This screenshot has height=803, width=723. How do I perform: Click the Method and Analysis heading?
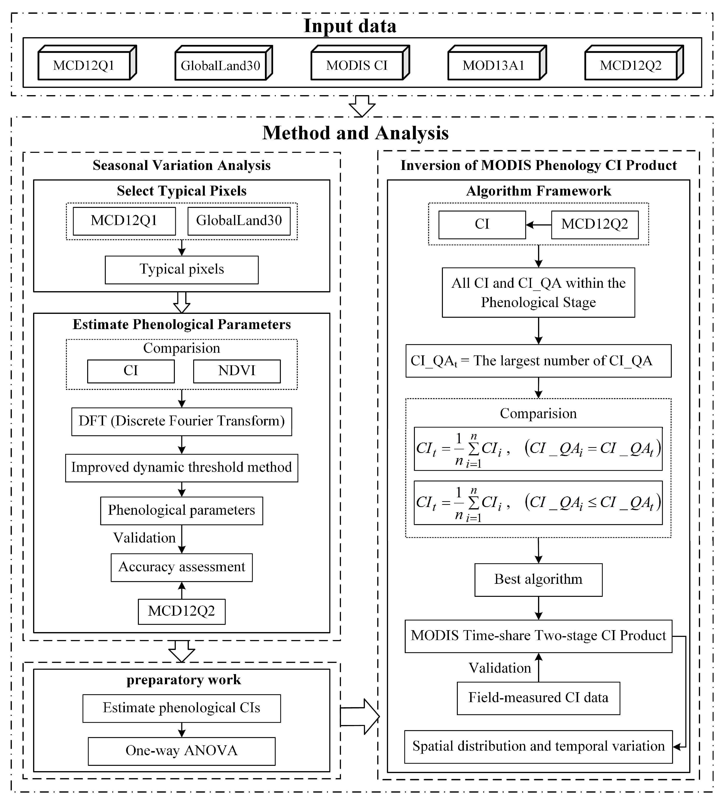(355, 133)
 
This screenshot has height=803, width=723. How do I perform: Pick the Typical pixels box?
(182, 270)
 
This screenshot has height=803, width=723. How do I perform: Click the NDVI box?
(237, 371)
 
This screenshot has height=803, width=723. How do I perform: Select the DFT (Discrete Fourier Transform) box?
(182, 421)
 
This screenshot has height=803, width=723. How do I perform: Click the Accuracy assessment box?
(182, 567)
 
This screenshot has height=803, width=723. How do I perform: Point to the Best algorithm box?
(538, 579)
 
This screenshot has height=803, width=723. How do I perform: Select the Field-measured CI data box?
(538, 698)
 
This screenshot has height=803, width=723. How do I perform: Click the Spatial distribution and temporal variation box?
(538, 746)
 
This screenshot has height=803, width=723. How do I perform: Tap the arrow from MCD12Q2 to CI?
(538, 225)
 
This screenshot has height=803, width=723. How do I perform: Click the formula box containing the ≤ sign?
(538, 503)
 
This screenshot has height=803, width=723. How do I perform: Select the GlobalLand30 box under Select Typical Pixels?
(239, 221)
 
